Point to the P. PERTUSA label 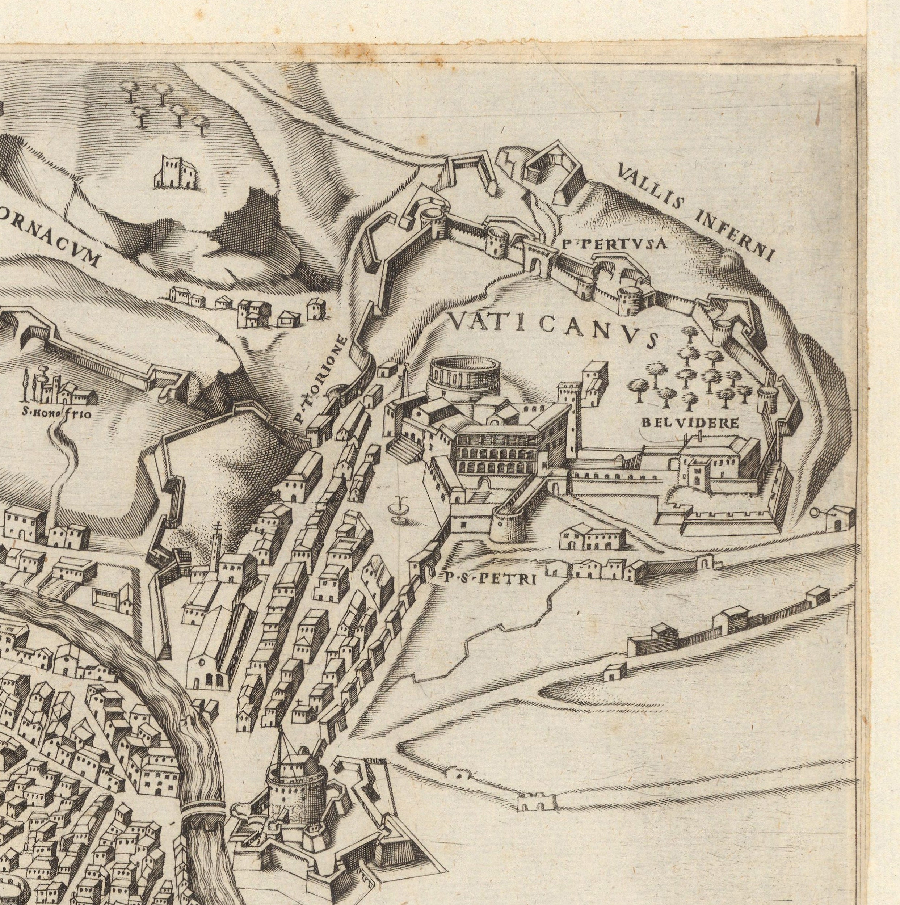click(613, 243)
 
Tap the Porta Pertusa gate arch click(540, 260)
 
